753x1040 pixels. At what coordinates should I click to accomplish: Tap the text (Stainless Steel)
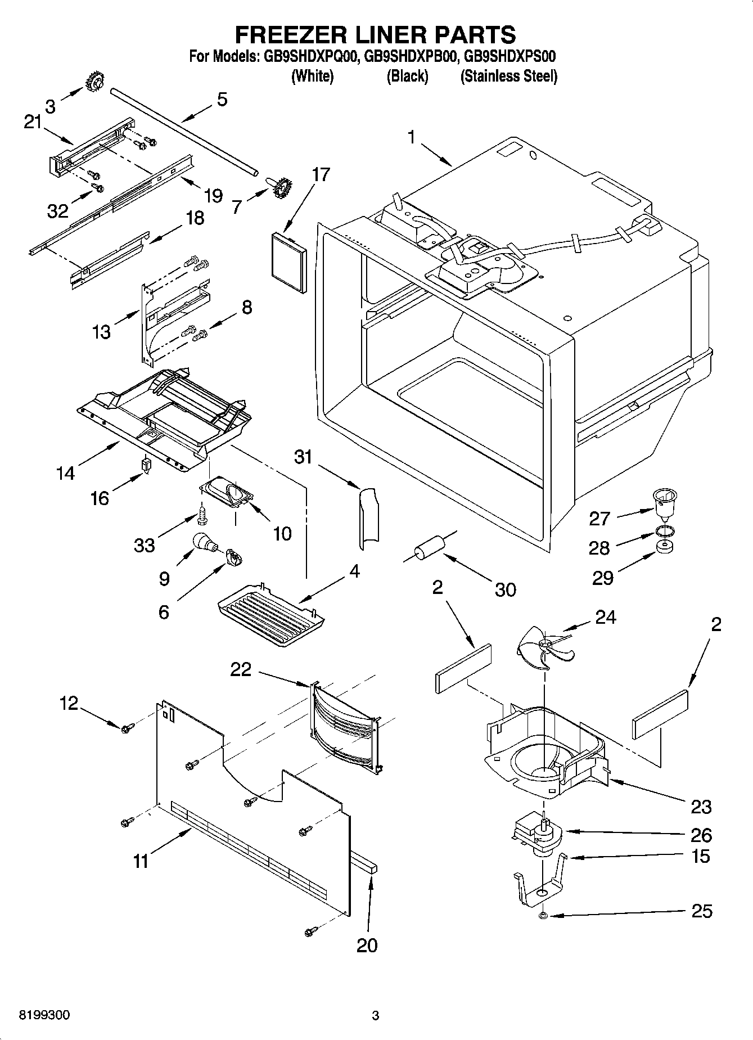[x=508, y=76]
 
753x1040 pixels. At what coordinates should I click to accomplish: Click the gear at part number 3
[x=94, y=83]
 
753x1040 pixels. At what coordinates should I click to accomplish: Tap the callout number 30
[x=505, y=589]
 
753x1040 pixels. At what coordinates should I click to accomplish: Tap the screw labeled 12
[x=126, y=728]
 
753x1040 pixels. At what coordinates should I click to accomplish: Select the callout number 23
[x=701, y=807]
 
